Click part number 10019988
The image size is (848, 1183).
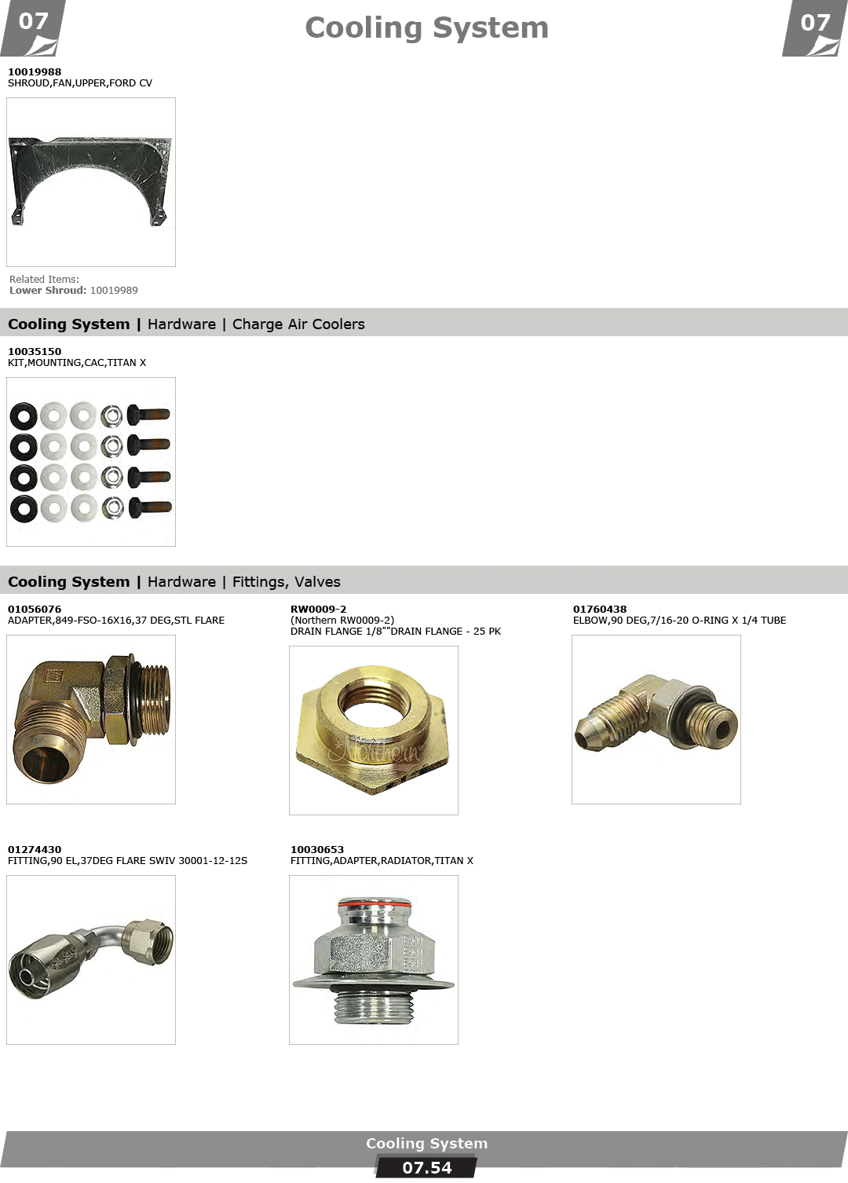click(35, 71)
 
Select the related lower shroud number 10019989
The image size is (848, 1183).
click(114, 291)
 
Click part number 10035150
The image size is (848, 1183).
click(35, 352)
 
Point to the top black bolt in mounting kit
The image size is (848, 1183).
click(148, 414)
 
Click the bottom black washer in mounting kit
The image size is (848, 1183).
click(24, 509)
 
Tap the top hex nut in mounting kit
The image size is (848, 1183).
click(111, 416)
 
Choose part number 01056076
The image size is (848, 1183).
click(35, 610)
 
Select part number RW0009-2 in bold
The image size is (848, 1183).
click(319, 610)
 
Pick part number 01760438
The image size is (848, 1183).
click(600, 610)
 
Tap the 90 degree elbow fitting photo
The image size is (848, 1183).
click(656, 712)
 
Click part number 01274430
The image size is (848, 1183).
click(35, 850)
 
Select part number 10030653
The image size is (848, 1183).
click(316, 850)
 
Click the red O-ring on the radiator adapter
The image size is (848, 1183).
click(374, 906)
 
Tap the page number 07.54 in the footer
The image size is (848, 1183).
click(426, 1168)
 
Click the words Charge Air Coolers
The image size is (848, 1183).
click(298, 324)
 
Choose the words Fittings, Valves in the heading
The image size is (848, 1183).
click(286, 582)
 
